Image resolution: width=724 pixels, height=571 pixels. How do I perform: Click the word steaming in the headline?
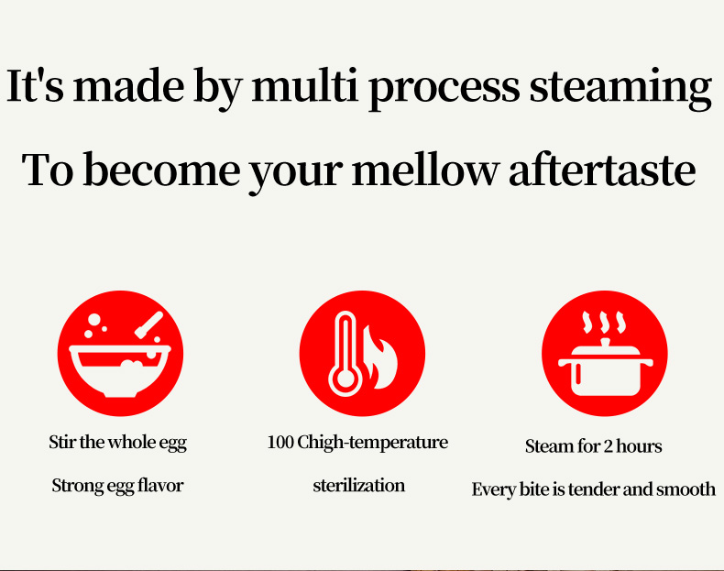[x=620, y=89]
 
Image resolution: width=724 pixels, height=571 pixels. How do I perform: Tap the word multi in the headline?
[x=305, y=85]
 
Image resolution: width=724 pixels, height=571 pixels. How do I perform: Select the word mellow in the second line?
[x=425, y=170]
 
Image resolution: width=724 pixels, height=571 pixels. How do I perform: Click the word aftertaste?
[x=601, y=170]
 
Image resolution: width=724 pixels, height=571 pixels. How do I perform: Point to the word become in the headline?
[x=161, y=170]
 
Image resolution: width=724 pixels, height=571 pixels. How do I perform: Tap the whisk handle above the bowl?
[x=148, y=324]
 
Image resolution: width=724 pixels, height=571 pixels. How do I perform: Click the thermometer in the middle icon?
[x=345, y=354]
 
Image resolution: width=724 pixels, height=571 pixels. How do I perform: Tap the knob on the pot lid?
[x=605, y=343]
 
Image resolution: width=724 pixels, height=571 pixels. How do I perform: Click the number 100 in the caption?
[x=280, y=442]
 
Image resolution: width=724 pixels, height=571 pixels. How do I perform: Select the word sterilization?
[x=358, y=486]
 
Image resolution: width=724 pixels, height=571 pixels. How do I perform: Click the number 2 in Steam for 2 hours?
[x=609, y=446]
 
